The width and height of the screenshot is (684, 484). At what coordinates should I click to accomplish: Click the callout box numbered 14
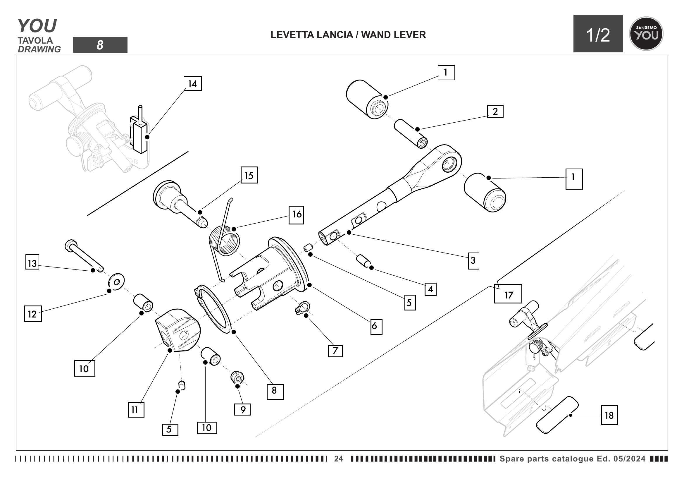tap(193, 83)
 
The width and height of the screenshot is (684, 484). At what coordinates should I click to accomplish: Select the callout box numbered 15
tap(249, 175)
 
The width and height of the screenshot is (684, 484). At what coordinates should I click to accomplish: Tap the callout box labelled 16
tap(297, 214)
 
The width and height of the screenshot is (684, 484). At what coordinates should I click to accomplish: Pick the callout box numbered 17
tap(508, 294)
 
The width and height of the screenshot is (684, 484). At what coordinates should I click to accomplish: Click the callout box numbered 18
tap(609, 415)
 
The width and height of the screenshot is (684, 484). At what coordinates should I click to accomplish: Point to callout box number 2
tap(495, 111)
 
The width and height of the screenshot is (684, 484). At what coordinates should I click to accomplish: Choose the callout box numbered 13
tap(32, 262)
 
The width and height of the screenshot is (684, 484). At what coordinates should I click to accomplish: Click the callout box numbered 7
tap(335, 351)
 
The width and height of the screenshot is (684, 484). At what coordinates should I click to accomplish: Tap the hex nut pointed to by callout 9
tap(237, 378)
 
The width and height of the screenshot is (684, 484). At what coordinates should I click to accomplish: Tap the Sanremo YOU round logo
tap(646, 34)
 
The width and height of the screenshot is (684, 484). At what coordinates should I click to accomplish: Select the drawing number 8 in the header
tap(100, 45)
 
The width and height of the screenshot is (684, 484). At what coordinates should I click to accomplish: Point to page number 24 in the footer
tap(338, 459)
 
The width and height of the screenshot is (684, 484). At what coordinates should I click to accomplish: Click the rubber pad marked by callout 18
tap(557, 415)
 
